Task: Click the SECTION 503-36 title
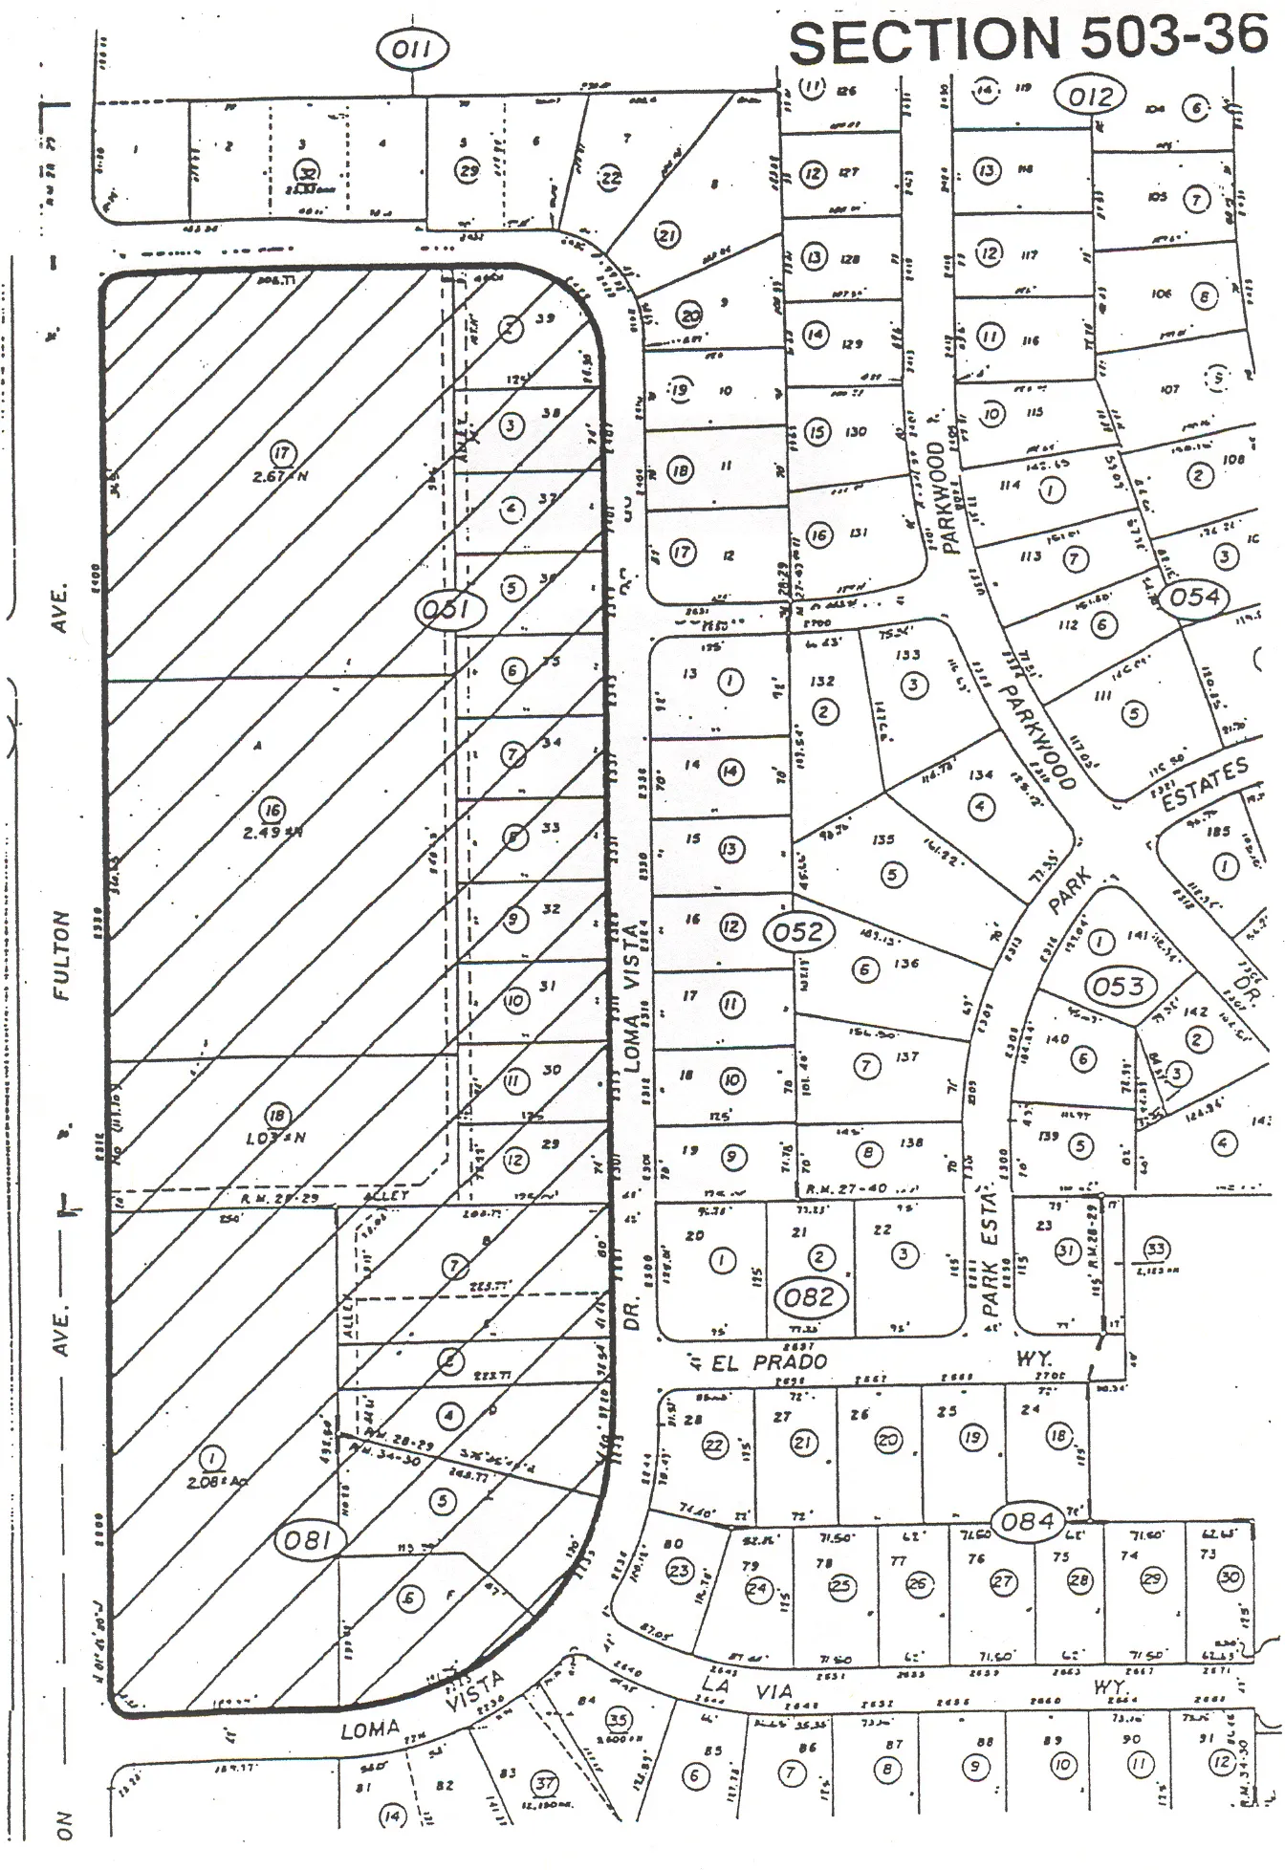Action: click(1029, 40)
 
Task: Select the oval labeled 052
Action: click(797, 931)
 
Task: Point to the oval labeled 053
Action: click(1118, 986)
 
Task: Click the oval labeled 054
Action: click(1194, 598)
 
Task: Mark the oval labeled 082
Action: click(809, 1296)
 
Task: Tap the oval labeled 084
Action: click(1028, 1519)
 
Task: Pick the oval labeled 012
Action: click(1091, 97)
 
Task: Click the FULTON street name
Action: click(62, 955)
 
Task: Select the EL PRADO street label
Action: click(769, 1361)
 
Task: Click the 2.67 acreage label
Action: click(278, 475)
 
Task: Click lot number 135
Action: click(882, 839)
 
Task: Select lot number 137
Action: click(906, 1056)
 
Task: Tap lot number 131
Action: click(859, 533)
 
